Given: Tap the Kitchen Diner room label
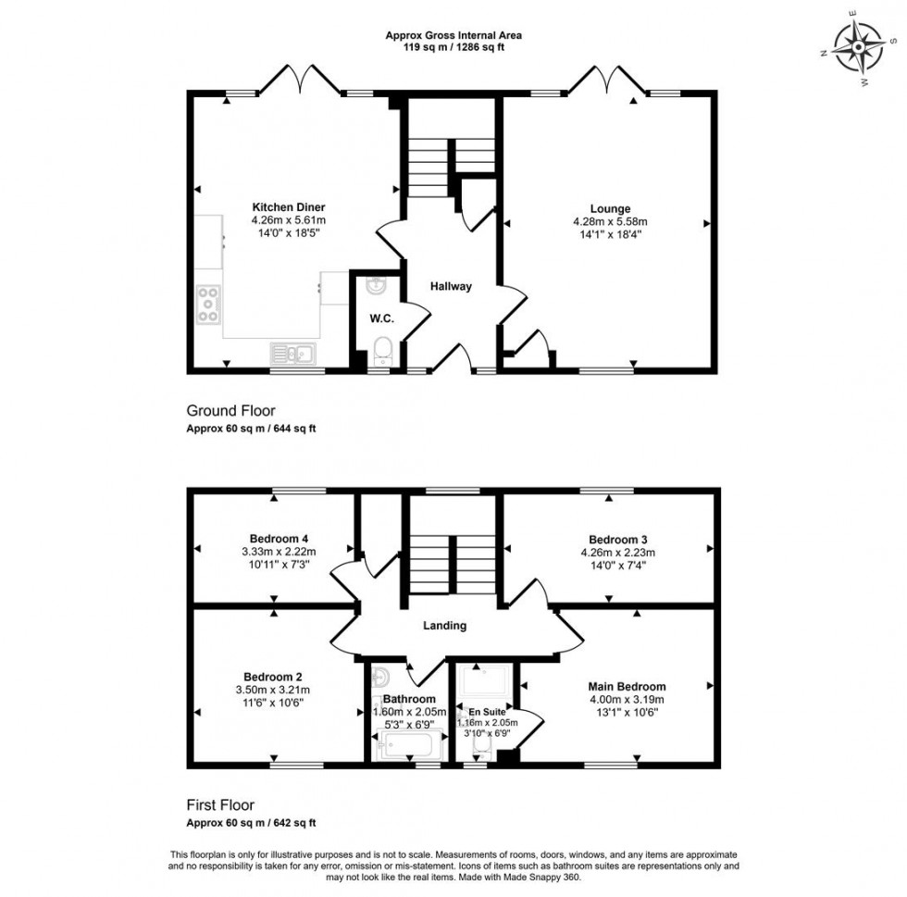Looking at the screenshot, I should (288, 207).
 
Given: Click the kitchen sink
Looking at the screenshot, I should (292, 352).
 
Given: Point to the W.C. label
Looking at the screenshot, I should (381, 318).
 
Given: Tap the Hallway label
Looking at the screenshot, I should (450, 287).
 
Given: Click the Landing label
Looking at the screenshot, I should (444, 626).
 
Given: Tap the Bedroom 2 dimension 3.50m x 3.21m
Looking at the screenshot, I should (272, 690).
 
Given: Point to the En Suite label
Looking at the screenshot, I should (484, 712).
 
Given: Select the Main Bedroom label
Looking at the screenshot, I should (627, 687).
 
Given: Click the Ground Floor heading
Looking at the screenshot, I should (230, 411).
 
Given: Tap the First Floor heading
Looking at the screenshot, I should (220, 805).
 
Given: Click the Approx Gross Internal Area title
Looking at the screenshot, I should (453, 36).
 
